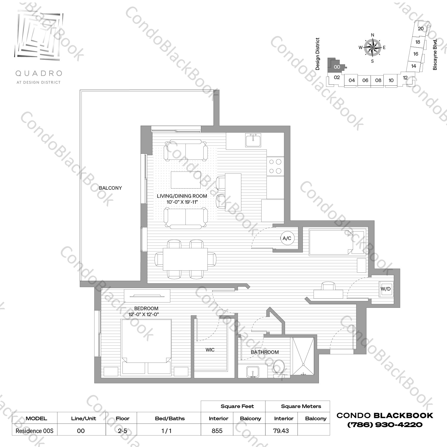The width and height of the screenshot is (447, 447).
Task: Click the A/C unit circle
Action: click(x=287, y=238)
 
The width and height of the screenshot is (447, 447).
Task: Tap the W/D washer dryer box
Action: click(x=386, y=289)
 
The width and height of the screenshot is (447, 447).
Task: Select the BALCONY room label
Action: click(x=110, y=188)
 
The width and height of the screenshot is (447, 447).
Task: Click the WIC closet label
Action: click(x=210, y=350)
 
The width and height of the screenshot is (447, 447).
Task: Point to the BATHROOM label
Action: click(x=265, y=352)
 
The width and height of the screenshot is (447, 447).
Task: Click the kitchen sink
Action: click(x=253, y=140)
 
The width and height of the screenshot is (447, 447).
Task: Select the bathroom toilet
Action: click(x=279, y=368)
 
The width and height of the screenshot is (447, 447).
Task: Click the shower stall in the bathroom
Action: click(x=303, y=356)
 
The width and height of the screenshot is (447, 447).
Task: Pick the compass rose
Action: click(x=372, y=48)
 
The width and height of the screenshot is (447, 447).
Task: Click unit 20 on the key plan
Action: click(x=421, y=29)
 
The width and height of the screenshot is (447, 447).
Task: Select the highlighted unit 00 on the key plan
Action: click(x=336, y=67)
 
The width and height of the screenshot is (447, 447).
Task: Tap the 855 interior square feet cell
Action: click(x=217, y=431)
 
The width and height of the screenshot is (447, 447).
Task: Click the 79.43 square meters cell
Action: click(x=281, y=431)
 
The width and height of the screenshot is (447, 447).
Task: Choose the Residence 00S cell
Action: click(x=34, y=431)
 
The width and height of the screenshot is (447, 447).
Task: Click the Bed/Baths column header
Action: click(x=170, y=418)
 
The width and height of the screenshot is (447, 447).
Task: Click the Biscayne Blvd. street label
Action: click(x=435, y=54)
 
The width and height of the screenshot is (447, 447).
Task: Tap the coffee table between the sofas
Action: click(x=186, y=180)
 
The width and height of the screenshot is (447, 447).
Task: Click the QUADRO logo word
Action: click(x=38, y=73)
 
